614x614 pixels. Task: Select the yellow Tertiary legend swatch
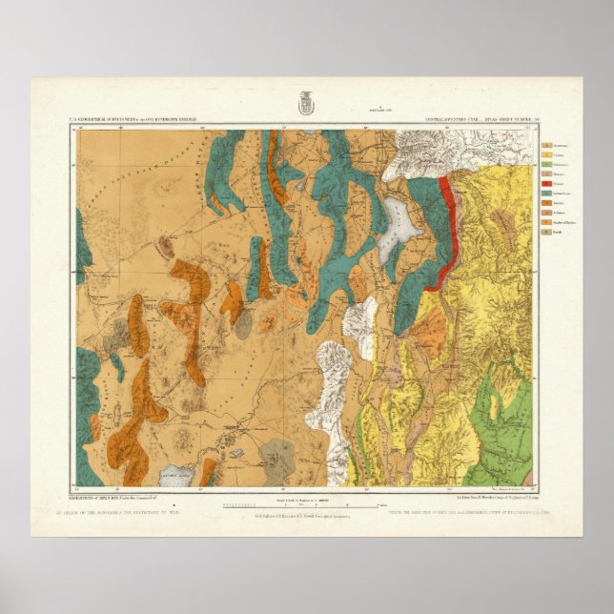point(546,156)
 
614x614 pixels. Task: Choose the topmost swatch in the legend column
point(546,145)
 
